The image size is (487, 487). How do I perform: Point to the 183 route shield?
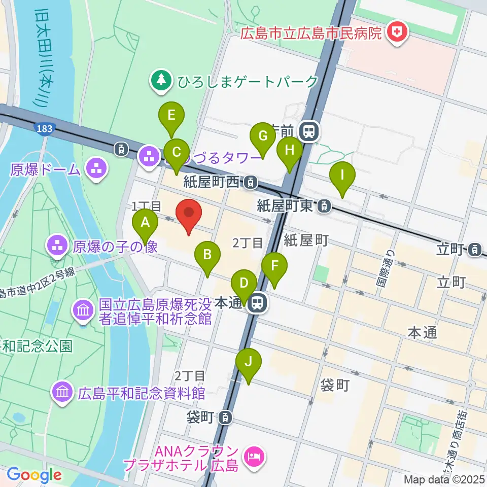45,129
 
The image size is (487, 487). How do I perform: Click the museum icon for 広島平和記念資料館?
63,393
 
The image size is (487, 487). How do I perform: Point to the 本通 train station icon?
257,303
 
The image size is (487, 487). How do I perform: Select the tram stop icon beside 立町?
475,249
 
